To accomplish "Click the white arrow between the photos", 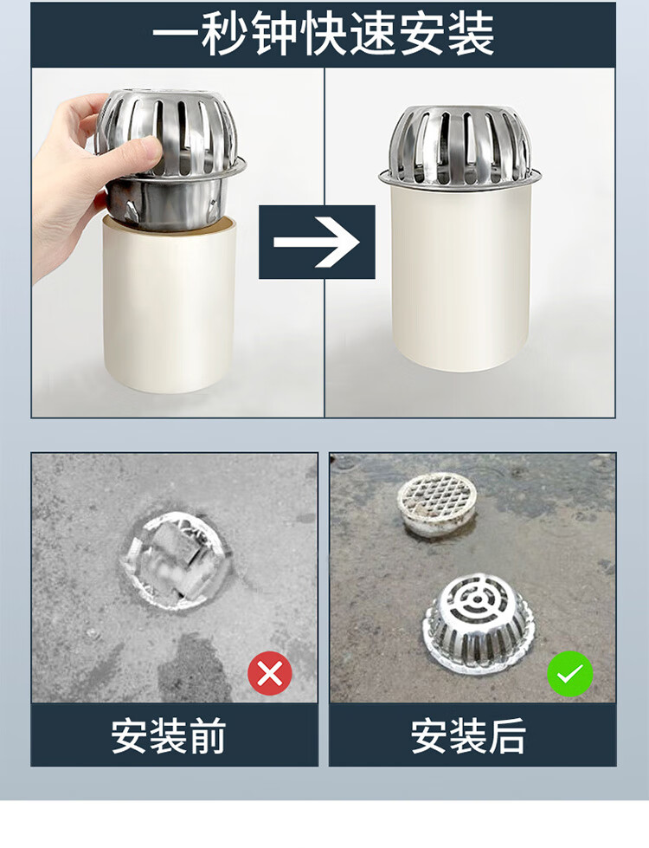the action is point(316,242).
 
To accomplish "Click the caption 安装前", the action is point(169,736).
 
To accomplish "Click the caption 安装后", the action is point(468,736).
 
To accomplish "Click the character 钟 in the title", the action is point(274,35).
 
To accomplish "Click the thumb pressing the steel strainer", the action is point(136,156).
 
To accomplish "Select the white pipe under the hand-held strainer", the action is point(169,304).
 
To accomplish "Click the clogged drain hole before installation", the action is point(177,560).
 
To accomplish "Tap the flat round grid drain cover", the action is point(438,503).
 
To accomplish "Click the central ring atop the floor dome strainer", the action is point(477,599).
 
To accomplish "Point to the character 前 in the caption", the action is point(208,736).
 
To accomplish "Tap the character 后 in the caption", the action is point(507,736).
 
